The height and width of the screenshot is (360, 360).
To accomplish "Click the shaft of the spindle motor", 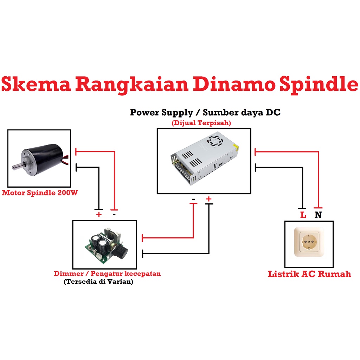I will point(17,166).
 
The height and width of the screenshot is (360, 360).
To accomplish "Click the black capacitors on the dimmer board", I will point(99,242).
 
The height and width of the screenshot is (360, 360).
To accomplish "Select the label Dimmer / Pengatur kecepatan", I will point(107,274).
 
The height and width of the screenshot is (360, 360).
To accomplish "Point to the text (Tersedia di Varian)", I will point(98,282).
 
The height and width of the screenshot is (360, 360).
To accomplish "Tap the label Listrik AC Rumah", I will point(309,274).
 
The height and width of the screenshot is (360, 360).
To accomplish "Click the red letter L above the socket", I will point(303,215).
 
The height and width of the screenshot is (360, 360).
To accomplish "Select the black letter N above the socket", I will point(318,215).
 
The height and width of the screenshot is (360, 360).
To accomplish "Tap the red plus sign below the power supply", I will point(209,199).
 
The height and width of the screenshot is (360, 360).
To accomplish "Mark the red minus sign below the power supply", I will point(193,199).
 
